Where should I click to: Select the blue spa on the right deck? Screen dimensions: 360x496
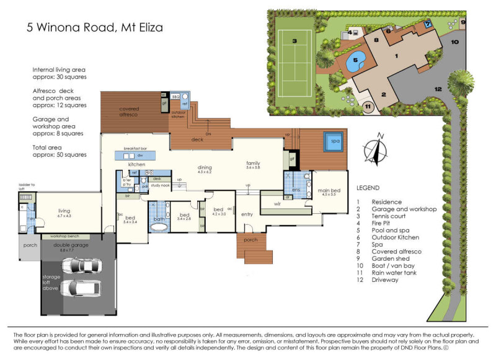click(333, 142)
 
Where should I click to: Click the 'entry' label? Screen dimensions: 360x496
click(247, 214)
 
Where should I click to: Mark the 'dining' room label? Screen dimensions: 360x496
click(205, 167)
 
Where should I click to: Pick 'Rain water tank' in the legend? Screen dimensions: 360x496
click(394, 272)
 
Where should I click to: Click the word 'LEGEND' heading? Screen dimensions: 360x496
click(369, 187)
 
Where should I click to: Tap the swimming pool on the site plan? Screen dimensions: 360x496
click(355, 62)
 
